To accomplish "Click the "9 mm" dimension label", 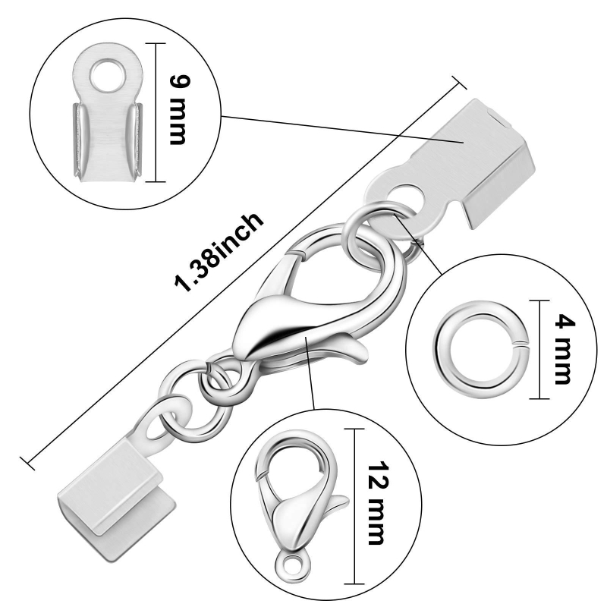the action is (x=179, y=110).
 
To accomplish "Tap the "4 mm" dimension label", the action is (x=563, y=351).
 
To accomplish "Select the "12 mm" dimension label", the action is (x=376, y=503).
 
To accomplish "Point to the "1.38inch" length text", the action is (x=219, y=252).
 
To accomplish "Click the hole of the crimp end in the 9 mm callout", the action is (x=108, y=74).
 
